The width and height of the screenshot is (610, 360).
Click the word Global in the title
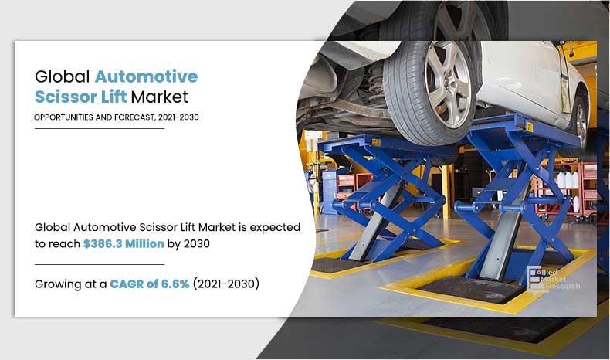pyautogui.click(x=62, y=78)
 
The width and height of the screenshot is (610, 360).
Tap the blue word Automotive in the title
pyautogui.click(x=146, y=78)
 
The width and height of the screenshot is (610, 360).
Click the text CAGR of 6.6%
pyautogui.click(x=145, y=284)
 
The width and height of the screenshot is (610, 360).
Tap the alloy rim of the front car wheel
pyautogui.click(x=449, y=77)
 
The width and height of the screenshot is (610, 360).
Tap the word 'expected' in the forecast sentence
pyautogui.click(x=273, y=227)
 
